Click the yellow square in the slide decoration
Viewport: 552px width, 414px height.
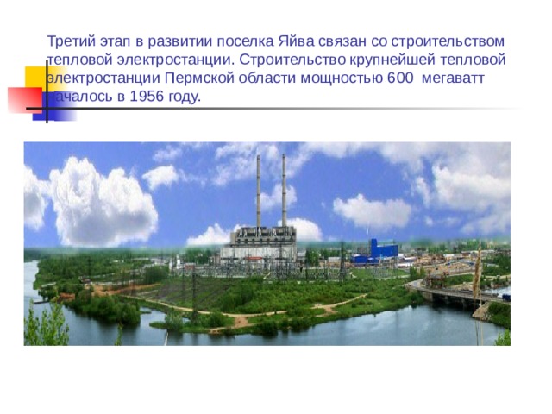(x=35, y=78)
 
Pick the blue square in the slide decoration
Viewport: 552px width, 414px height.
(x=45, y=107)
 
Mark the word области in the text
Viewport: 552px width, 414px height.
(x=259, y=78)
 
